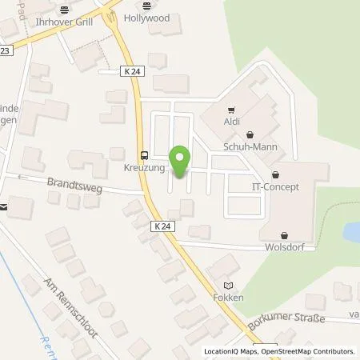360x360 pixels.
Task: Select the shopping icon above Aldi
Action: [230, 110]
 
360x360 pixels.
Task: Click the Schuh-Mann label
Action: [250, 148]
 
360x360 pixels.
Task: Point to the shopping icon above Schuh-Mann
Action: [250, 136]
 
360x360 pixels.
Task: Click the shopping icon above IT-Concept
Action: [276, 173]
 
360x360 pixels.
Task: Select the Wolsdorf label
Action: [286, 247]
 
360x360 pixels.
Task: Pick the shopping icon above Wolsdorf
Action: [286, 234]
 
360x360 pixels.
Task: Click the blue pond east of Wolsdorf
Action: [352, 232]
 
